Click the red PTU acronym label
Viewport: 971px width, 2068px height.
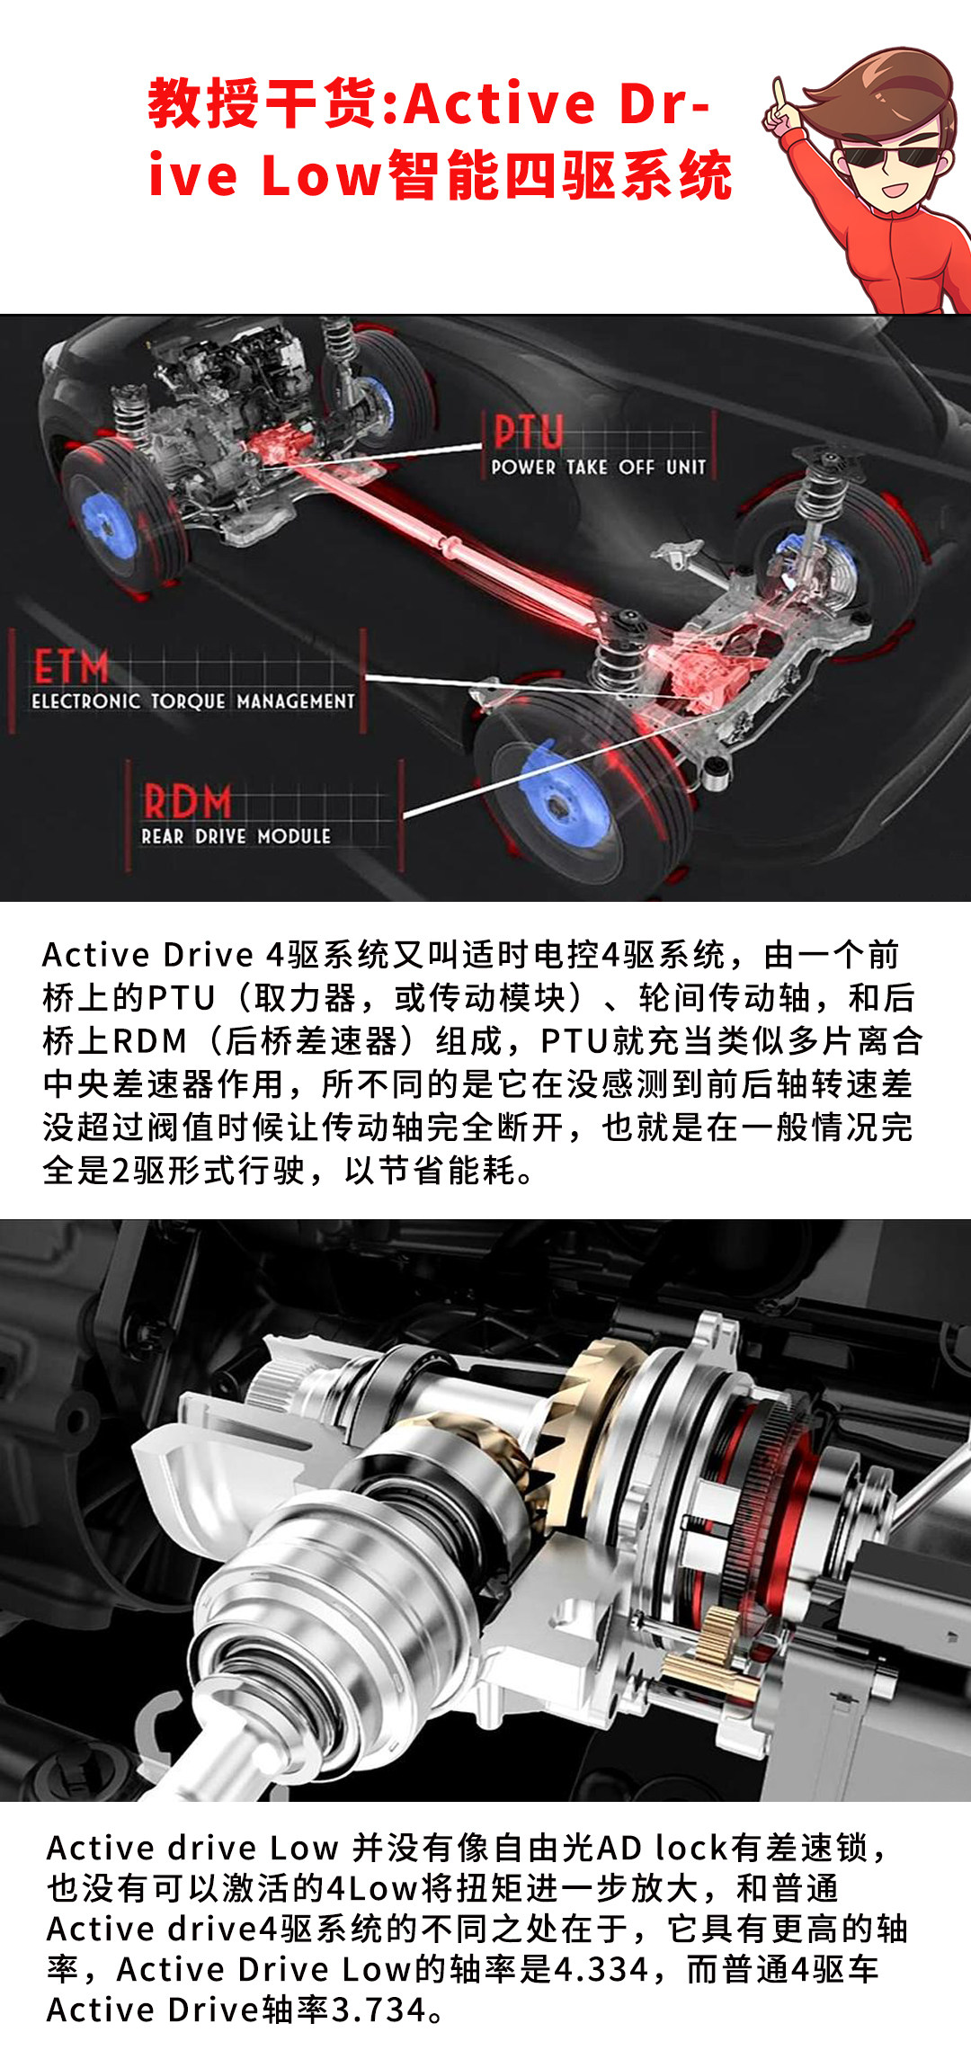(x=529, y=432)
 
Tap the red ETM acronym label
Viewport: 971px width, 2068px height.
(x=71, y=668)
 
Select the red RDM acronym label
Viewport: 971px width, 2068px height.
(x=187, y=801)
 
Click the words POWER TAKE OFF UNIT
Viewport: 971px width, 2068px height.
(x=599, y=467)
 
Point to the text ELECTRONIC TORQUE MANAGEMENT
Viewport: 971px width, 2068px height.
(x=193, y=701)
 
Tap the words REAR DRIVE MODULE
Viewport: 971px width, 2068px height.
(x=236, y=836)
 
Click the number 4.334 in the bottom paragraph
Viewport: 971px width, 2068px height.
(x=601, y=1969)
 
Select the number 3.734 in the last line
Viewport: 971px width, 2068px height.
(x=379, y=2010)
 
